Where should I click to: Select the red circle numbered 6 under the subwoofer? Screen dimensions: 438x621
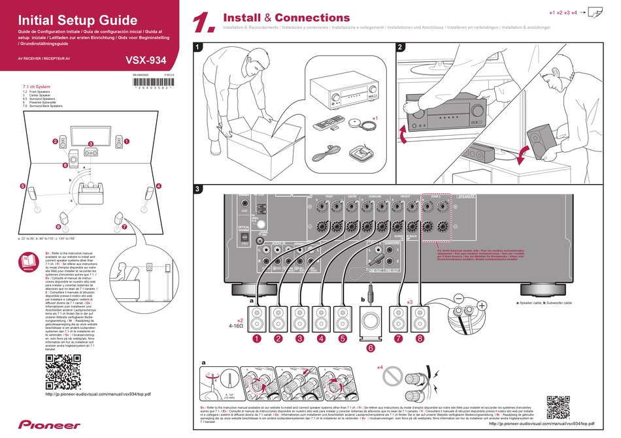click(x=370, y=349)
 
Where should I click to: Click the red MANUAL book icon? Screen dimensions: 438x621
click(x=28, y=264)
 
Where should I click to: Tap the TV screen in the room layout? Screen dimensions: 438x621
click(x=91, y=134)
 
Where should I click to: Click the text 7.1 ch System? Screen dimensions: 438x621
click(x=37, y=86)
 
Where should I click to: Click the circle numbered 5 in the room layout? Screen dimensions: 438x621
click(x=23, y=187)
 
